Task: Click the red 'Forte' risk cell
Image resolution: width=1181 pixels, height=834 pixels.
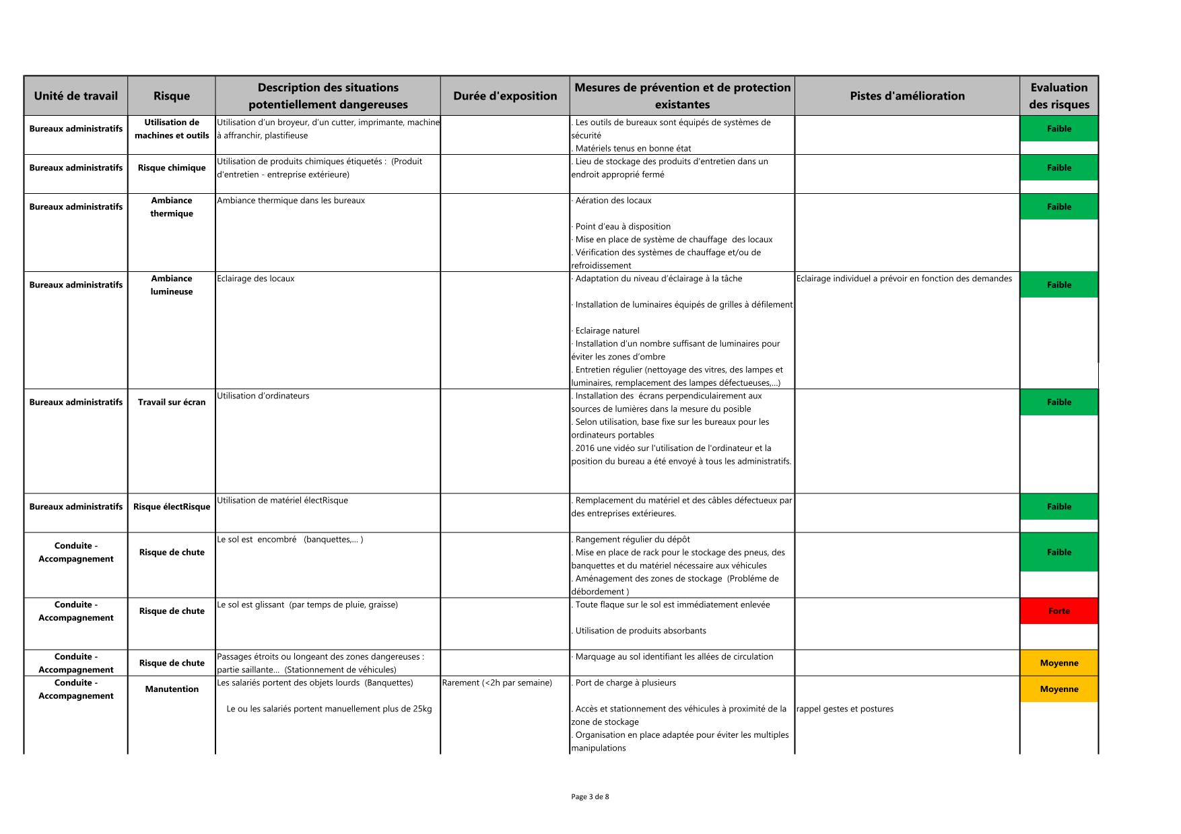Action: tap(1058, 611)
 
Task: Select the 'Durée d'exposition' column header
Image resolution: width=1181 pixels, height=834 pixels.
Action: tap(505, 96)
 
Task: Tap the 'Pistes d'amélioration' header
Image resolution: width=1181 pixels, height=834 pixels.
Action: tap(907, 96)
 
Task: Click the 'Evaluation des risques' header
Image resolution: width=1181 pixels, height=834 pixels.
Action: tap(1058, 96)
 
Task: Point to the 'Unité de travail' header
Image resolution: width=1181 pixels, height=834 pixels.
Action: tap(75, 96)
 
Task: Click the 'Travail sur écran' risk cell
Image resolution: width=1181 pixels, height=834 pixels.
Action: tap(172, 403)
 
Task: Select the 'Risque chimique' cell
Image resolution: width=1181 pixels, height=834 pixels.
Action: tap(172, 168)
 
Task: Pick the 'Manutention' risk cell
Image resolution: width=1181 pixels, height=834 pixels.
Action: tap(172, 689)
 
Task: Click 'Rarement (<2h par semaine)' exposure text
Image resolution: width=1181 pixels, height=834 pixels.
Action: tap(497, 683)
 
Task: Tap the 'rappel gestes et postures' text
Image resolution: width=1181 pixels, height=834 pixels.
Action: tap(845, 709)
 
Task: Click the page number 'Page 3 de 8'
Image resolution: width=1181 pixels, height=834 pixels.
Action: tap(590, 797)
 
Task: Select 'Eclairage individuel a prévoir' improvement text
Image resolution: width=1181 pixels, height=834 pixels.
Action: tap(904, 279)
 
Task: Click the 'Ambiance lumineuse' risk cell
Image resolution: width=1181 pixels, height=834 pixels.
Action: tap(172, 285)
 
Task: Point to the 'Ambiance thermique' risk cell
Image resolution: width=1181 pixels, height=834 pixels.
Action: tap(172, 207)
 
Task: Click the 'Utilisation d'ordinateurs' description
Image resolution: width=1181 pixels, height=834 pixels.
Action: tap(263, 396)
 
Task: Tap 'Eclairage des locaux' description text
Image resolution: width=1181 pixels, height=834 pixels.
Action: tap(256, 279)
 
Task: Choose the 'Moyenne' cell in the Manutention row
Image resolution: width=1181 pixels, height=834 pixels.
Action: tap(1058, 689)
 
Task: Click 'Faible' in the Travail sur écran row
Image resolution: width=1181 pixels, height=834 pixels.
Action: tap(1058, 403)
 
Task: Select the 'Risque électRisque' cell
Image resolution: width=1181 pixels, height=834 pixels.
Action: tap(172, 507)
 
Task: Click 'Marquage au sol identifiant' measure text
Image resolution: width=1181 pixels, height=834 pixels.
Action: tap(674, 657)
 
